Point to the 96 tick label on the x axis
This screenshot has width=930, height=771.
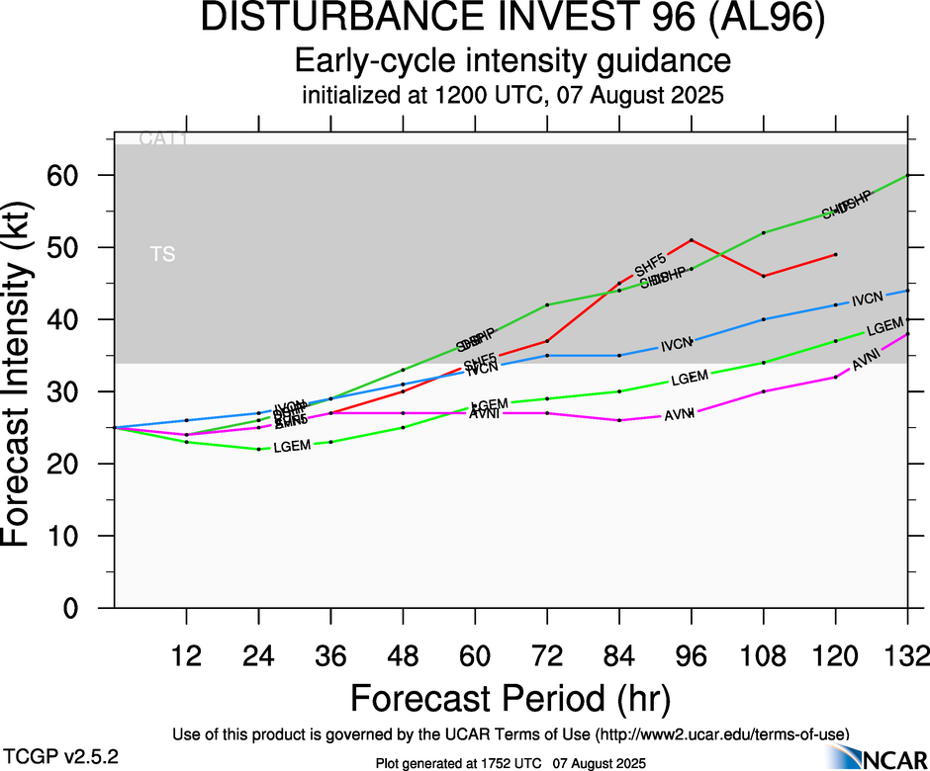coord(692,655)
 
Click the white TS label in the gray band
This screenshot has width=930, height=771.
coord(162,255)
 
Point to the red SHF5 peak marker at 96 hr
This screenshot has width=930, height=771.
coord(692,239)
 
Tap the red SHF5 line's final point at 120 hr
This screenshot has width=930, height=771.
coord(836,254)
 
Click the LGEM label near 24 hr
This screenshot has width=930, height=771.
coord(292,446)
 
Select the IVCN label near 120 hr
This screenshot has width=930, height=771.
coord(867,299)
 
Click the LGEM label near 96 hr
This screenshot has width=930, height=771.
coord(689,379)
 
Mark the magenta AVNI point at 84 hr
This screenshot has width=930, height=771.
coord(619,420)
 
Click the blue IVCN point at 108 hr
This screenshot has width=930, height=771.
coord(764,319)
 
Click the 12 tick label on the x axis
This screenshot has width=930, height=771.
coord(186,655)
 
